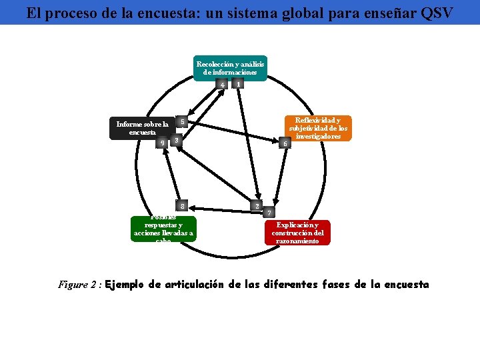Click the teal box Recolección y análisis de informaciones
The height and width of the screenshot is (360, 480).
231,68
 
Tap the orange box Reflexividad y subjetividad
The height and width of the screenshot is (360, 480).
317,128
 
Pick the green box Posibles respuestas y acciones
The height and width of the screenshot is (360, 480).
163,229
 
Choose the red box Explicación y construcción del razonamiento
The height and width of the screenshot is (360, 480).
299,233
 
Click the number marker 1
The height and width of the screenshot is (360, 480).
239,84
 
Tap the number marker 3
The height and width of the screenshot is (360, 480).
175,140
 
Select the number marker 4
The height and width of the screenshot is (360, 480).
222,84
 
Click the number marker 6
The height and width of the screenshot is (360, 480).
285,143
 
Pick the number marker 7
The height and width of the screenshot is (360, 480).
269,213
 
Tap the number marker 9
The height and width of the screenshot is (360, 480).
161,143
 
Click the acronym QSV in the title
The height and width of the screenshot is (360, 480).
436,13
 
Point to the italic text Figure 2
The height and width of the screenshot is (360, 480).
79,285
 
